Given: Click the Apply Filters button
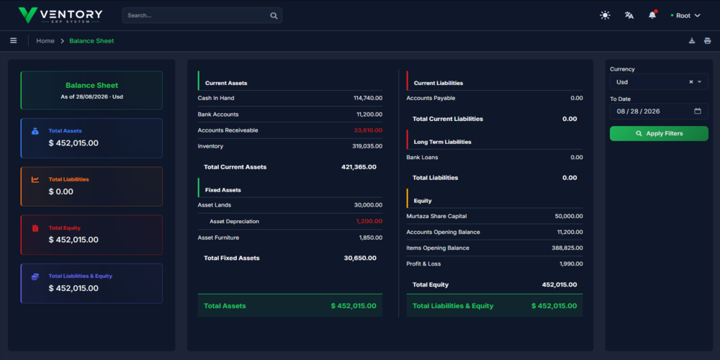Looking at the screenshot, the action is click(659, 134).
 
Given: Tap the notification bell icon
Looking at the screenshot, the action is click(652, 15).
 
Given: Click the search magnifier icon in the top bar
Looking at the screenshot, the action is click(274, 16).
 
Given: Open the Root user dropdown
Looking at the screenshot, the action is click(685, 16).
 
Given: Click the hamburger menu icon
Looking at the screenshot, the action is click(13, 41).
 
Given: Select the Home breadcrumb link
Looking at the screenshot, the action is click(45, 41).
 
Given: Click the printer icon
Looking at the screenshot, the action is click(707, 41).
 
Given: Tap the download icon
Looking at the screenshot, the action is click(692, 41).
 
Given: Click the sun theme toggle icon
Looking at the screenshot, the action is click(606, 15).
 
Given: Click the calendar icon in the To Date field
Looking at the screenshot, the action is click(698, 111).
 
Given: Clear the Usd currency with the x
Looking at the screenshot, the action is click(691, 82).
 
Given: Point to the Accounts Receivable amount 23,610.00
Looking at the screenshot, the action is click(368, 130).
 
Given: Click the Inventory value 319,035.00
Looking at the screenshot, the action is click(367, 146).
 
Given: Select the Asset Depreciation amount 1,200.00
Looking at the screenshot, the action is click(369, 221).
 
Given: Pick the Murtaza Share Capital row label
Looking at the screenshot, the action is click(436, 216).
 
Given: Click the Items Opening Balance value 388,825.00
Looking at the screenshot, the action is click(567, 248).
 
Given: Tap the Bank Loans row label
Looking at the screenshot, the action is click(422, 158).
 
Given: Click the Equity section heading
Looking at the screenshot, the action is click(423, 201).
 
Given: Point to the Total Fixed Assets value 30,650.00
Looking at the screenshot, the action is click(360, 258).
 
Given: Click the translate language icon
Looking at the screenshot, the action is click(629, 15).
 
